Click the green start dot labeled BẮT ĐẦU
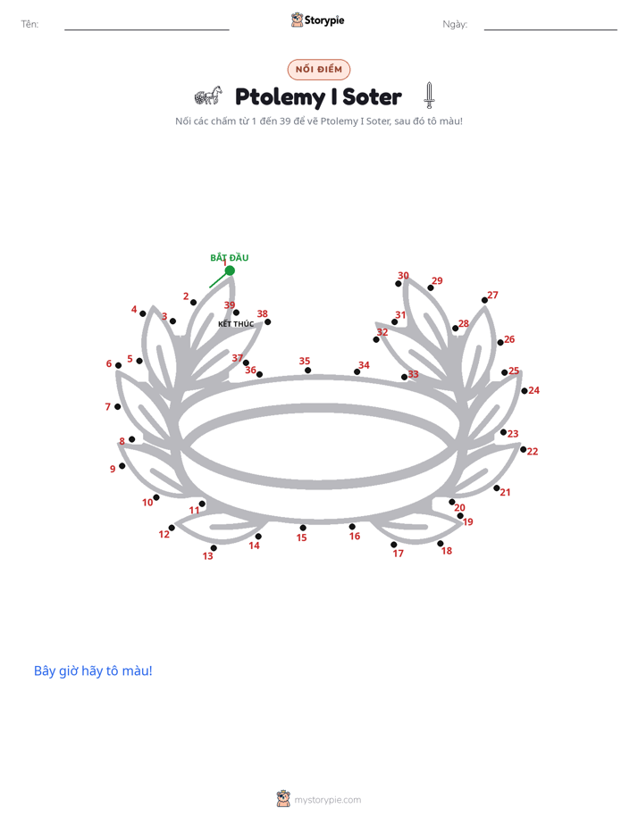tap(230, 271)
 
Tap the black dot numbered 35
tap(308, 371)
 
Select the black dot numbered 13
tap(214, 547)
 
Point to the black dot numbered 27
tap(484, 300)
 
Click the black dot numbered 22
tap(524, 449)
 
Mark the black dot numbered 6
tap(119, 365)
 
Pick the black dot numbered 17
tap(394, 545)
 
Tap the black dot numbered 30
tap(399, 284)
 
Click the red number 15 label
tap(302, 537)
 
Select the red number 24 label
tap(533, 390)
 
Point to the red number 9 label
tap(113, 468)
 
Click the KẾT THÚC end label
tap(236, 323)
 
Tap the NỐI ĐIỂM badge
tap(319, 69)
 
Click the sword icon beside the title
tap(430, 96)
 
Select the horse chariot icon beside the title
tap(208, 96)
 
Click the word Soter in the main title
tap(372, 96)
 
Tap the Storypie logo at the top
tap(318, 20)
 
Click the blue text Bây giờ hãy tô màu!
tap(93, 671)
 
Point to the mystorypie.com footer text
tap(327, 800)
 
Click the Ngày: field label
tap(455, 24)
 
